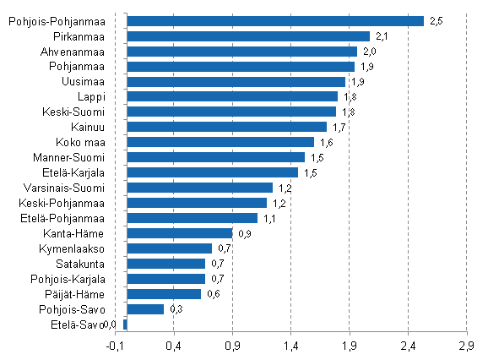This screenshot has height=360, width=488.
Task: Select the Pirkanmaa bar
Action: [x=247, y=36]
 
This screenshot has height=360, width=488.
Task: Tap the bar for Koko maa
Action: [x=220, y=142]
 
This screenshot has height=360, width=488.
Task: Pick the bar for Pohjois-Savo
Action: [x=144, y=309]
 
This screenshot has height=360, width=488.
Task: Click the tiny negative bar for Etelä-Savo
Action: [x=125, y=325]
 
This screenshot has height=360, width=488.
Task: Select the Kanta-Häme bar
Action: [x=179, y=233]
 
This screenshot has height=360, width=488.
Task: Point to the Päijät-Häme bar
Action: [x=164, y=294]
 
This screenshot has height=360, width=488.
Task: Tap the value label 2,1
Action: [x=382, y=36]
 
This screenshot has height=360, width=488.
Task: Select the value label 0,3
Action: [x=176, y=309]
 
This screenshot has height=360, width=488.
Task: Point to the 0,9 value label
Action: [x=245, y=233]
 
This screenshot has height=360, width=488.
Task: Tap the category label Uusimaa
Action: [x=83, y=82]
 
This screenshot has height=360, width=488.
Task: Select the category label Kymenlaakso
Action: [x=72, y=248]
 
